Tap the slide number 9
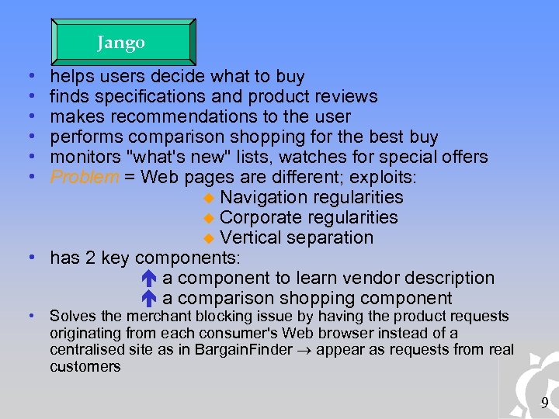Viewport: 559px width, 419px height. coord(544,403)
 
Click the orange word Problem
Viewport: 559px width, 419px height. coord(85,178)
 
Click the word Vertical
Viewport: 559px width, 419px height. coord(250,238)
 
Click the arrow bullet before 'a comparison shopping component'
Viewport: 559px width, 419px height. coord(151,299)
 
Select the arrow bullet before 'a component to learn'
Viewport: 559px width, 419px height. coord(151,279)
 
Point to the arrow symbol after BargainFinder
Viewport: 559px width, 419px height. coord(305,350)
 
